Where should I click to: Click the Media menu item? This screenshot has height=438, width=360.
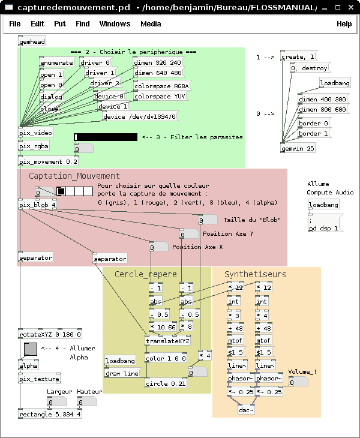click(x=151, y=24)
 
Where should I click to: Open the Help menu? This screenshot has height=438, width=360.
click(x=344, y=24)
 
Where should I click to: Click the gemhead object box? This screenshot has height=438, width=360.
click(x=32, y=41)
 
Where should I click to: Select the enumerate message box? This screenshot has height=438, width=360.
click(x=57, y=62)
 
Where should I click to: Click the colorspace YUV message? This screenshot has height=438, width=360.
click(x=160, y=96)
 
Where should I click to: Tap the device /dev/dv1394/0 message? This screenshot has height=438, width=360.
click(x=140, y=116)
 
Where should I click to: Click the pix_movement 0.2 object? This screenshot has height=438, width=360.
click(x=48, y=161)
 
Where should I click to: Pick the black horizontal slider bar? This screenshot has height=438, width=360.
click(x=106, y=137)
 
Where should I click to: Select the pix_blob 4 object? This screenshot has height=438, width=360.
click(x=37, y=205)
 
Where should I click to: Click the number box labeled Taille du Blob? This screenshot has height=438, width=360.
click(x=208, y=220)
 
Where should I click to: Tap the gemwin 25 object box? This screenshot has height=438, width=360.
click(x=298, y=148)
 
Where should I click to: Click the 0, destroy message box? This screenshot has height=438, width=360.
click(x=310, y=68)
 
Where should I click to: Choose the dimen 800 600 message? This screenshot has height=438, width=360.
click(x=323, y=109)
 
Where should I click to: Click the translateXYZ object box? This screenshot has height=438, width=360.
click(x=167, y=341)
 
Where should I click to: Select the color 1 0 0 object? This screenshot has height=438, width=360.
click(x=166, y=358)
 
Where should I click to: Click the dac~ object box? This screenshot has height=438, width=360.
click(x=247, y=410)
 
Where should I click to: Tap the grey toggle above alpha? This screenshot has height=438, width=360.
click(x=31, y=349)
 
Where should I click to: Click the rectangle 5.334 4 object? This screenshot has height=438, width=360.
click(x=50, y=414)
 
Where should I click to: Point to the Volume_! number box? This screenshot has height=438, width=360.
click(x=298, y=382)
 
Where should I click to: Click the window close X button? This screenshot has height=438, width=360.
click(x=351, y=7)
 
